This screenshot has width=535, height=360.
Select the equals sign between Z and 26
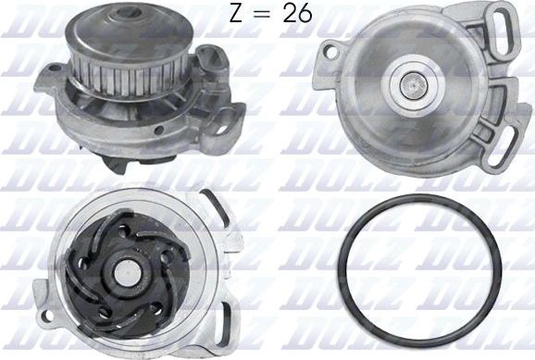(265, 15)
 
